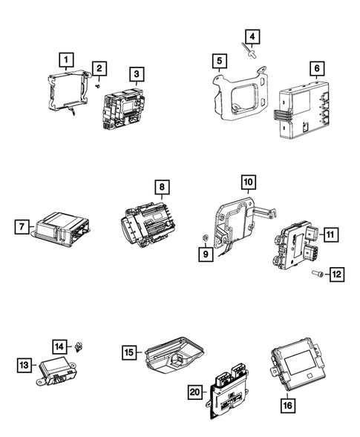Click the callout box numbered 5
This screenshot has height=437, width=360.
(x=217, y=60)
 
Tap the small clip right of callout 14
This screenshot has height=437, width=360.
(x=79, y=345)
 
